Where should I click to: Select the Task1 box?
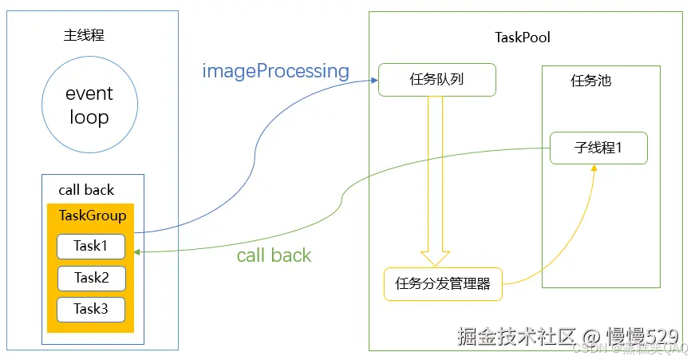pyautogui.click(x=91, y=247)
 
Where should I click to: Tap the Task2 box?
pyautogui.click(x=91, y=278)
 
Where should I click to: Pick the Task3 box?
pyautogui.click(x=91, y=309)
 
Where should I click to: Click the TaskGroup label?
pyautogui.click(x=93, y=216)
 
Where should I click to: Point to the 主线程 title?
pyautogui.click(x=84, y=36)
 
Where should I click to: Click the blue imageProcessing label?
pyautogui.click(x=275, y=71)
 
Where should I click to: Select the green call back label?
pyautogui.click(x=274, y=255)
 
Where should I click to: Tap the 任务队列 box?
pyautogui.click(x=436, y=80)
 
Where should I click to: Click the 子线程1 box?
pyautogui.click(x=598, y=148)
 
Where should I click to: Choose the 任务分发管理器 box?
pyautogui.click(x=443, y=283)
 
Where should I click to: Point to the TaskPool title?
pyautogui.click(x=523, y=38)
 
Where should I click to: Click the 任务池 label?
pyautogui.click(x=591, y=81)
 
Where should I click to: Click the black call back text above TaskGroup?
pyautogui.click(x=86, y=190)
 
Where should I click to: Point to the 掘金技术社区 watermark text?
pyautogui.click(x=515, y=336)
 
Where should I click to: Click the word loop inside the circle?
pyautogui.click(x=89, y=117)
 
